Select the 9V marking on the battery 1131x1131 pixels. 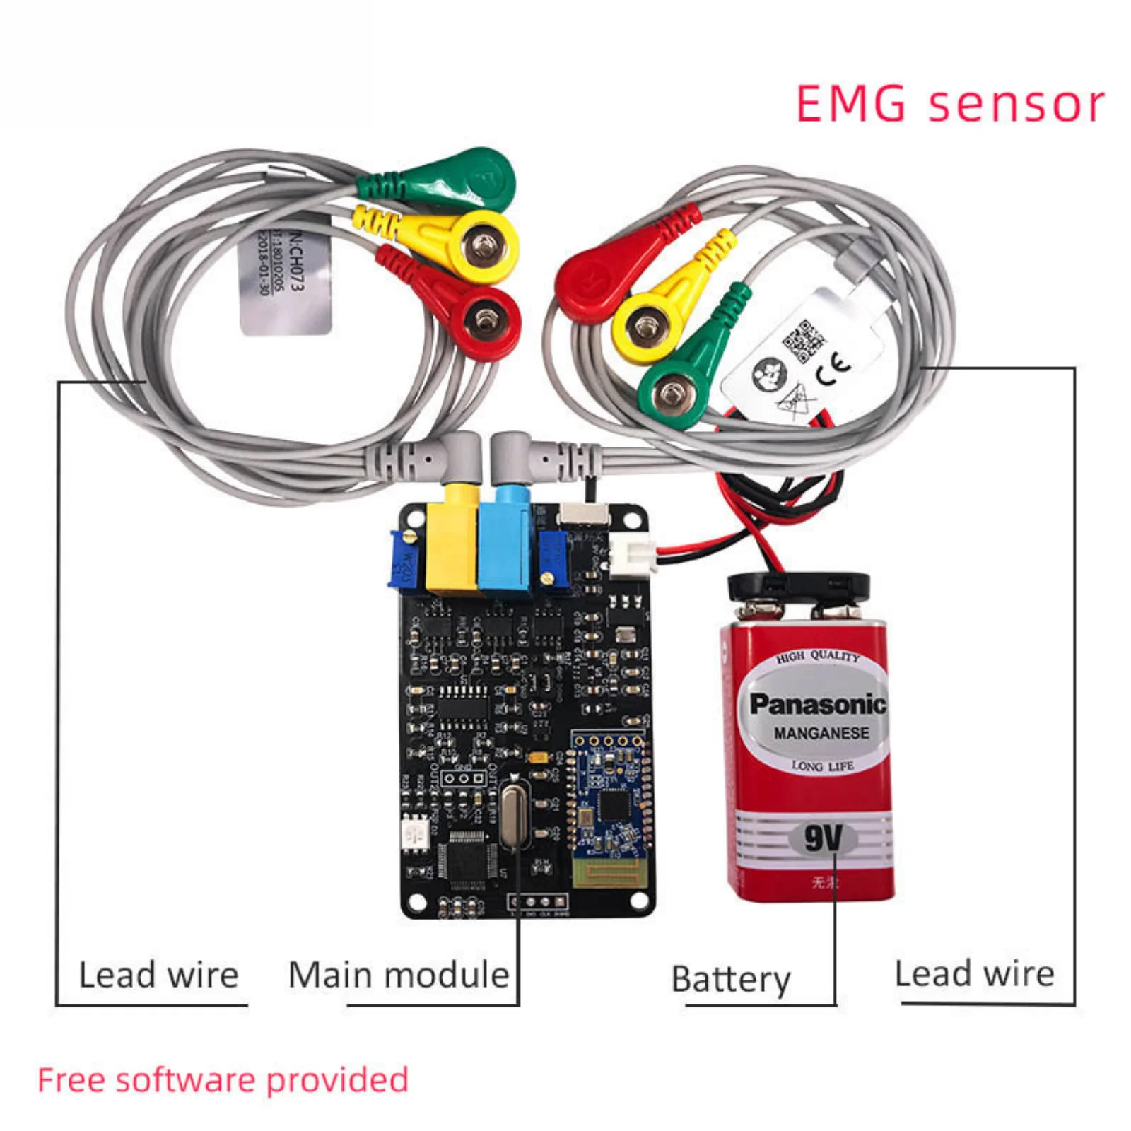pyautogui.click(x=824, y=838)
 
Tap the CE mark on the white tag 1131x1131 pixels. pyautogui.click(x=834, y=368)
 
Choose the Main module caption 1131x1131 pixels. pyautogui.click(x=399, y=975)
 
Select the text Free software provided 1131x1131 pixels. pyautogui.click(x=223, y=1080)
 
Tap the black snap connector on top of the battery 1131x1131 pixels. pyautogui.click(x=798, y=585)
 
